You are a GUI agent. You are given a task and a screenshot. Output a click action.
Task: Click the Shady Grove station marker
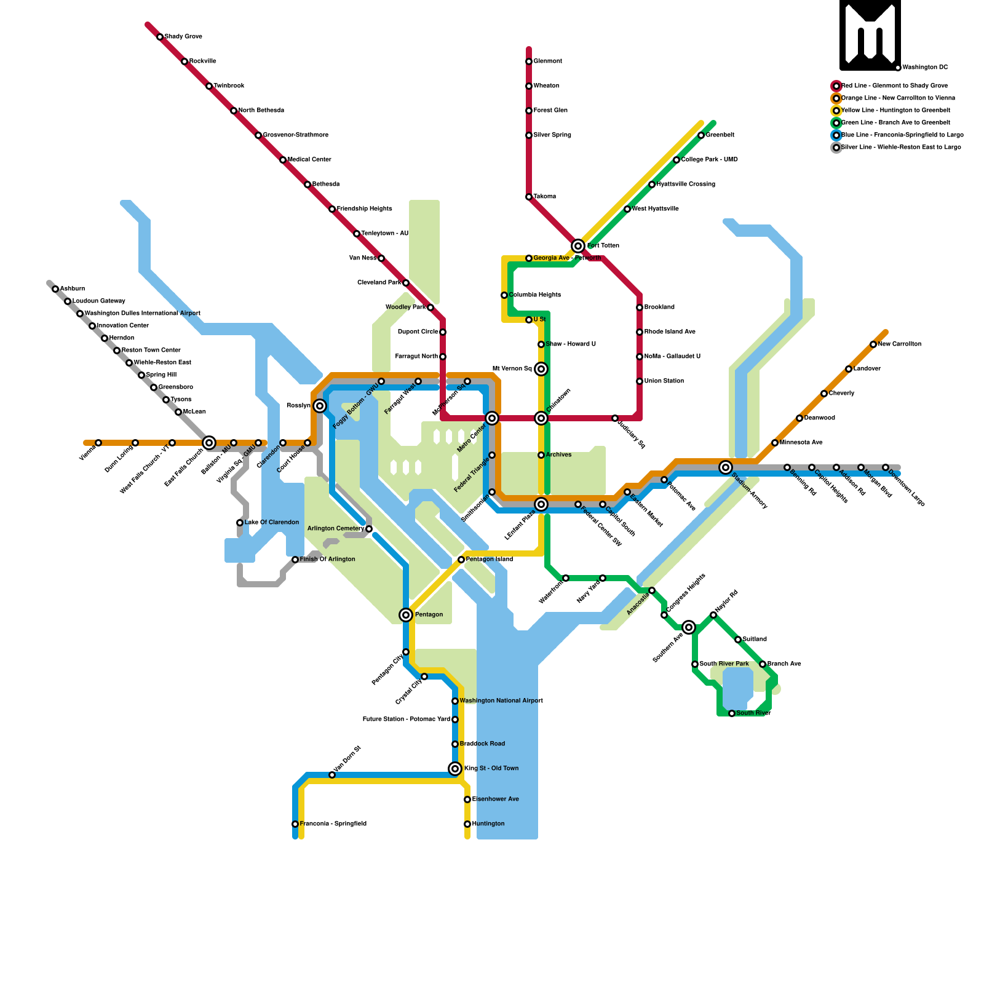[160, 37]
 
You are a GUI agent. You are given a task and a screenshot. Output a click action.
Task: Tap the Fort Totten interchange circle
[578, 246]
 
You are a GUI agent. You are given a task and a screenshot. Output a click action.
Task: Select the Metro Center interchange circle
[492, 418]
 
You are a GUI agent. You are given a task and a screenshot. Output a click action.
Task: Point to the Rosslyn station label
[298, 406]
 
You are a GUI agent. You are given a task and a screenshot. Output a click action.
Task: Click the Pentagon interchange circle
[406, 615]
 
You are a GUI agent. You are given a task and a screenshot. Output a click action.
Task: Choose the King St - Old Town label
[491, 769]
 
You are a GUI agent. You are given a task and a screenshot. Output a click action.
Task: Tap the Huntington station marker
[467, 824]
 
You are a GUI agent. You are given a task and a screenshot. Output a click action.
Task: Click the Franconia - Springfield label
[333, 824]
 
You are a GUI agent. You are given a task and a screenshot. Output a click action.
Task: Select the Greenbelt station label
[720, 135]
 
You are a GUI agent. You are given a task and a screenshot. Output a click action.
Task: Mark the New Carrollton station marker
[873, 344]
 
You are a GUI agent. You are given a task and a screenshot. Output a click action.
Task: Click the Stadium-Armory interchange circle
[726, 467]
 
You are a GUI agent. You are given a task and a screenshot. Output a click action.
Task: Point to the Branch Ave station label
[784, 664]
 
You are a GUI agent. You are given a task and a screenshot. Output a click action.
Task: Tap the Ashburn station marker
[55, 289]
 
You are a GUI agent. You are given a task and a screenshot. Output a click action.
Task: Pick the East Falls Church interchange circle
[209, 443]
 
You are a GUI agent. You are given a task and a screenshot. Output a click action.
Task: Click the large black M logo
[870, 35]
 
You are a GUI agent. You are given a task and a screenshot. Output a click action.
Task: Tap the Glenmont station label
[548, 61]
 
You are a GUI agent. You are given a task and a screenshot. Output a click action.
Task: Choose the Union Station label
[664, 381]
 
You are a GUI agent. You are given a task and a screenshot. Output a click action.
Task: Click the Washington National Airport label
[501, 701]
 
